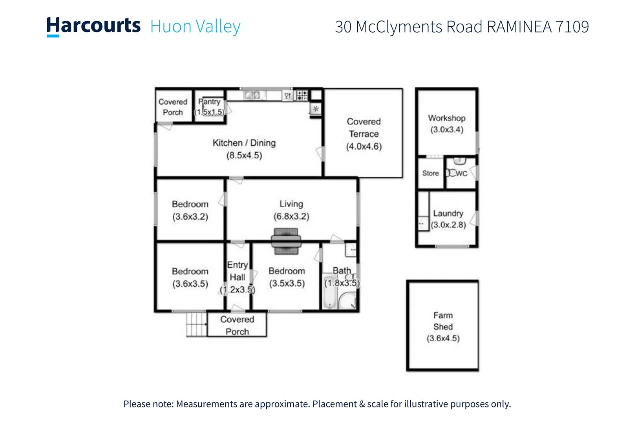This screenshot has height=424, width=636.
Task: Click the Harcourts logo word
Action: pyautogui.click(x=93, y=26)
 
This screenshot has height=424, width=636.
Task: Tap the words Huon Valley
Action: pyautogui.click(x=195, y=27)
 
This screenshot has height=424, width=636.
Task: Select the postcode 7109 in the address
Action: pyautogui.click(x=572, y=27)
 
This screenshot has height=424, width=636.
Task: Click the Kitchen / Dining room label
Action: pyautogui.click(x=244, y=143)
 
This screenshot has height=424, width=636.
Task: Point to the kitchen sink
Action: pyautogui.click(x=252, y=95)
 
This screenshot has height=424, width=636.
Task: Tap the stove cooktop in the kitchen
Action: pyautogui.click(x=302, y=95)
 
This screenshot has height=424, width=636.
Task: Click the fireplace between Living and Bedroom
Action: pyautogui.click(x=286, y=241)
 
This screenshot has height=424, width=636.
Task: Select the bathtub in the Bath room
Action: pyautogui.click(x=329, y=292)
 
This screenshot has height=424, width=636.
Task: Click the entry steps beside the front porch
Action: pyautogui.click(x=196, y=324)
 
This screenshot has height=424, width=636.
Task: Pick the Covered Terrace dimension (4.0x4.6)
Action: pyautogui.click(x=364, y=147)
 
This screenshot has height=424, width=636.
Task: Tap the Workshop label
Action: pyautogui.click(x=447, y=118)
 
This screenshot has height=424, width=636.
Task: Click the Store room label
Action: pyautogui.click(x=430, y=173)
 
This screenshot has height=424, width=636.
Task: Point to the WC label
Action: pyautogui.click(x=462, y=174)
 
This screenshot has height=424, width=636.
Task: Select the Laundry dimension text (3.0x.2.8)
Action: pyautogui.click(x=448, y=225)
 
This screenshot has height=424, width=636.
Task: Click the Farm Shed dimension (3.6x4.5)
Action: pyautogui.click(x=443, y=338)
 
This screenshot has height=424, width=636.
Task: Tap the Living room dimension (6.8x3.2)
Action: pyautogui.click(x=291, y=216)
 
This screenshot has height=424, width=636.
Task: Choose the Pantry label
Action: pyautogui.click(x=209, y=102)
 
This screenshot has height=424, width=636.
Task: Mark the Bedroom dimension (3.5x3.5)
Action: pyautogui.click(x=287, y=283)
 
